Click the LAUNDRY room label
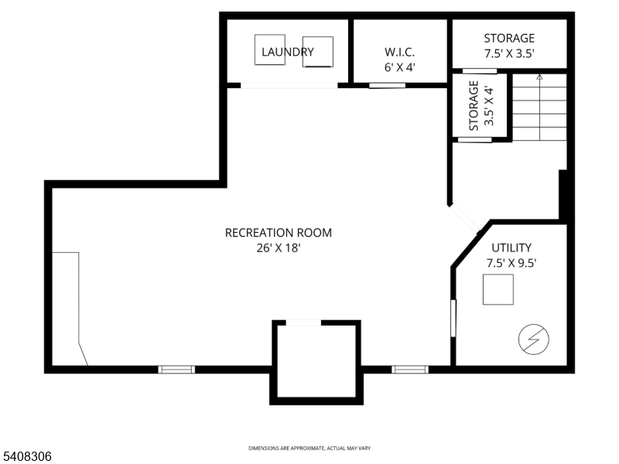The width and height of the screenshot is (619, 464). click(x=287, y=53)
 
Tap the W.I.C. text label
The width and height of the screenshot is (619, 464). click(x=400, y=52)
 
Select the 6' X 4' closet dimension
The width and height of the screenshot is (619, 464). click(x=400, y=67)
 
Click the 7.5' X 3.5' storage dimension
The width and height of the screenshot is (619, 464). click(x=509, y=54)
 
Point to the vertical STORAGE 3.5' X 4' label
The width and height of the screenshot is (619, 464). click(x=480, y=107)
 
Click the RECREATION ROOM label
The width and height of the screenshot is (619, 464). click(x=278, y=232)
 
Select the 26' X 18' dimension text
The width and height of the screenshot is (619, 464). click(x=278, y=247)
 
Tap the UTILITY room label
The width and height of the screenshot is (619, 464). click(x=511, y=247)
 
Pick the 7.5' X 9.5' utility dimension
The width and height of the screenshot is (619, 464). click(x=511, y=263)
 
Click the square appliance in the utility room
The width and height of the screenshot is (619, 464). click(x=498, y=290)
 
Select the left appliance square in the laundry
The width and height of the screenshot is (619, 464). click(x=270, y=50)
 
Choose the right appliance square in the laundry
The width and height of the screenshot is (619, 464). click(x=317, y=52)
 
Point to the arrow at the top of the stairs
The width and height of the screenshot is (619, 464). click(x=539, y=77)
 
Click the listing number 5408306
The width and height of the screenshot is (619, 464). click(x=26, y=457)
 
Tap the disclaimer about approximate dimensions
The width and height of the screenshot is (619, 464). click(x=309, y=449)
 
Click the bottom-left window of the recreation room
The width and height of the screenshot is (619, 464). click(x=176, y=370)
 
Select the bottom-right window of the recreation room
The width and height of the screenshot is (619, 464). click(x=410, y=370)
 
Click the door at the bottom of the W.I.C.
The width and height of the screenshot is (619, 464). click(x=387, y=85)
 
